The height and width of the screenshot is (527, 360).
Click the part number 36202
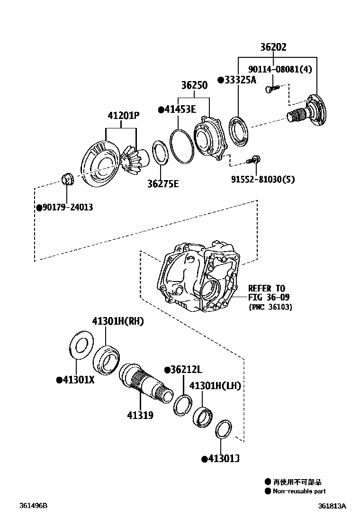(x=273, y=48)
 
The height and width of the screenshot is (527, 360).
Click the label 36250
(x=194, y=85)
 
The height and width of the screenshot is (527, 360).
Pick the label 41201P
(x=123, y=115)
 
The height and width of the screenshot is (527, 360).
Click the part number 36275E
(x=162, y=183)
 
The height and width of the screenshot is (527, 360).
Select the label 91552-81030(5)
(x=263, y=180)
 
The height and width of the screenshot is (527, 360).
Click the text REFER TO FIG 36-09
(x=268, y=293)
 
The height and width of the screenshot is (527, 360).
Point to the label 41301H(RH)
(x=118, y=322)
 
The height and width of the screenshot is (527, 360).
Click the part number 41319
(x=140, y=415)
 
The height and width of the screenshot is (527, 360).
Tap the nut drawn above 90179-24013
(x=66, y=179)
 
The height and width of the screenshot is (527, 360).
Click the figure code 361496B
(x=34, y=506)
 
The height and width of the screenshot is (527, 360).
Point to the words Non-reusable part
(x=299, y=491)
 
